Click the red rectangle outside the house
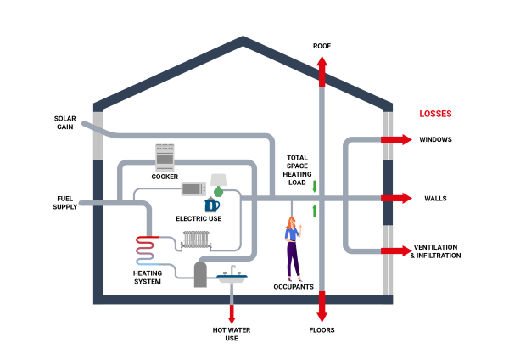[435, 114]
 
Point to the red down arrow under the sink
[232, 314]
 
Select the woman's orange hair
[292, 224]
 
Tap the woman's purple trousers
[293, 259]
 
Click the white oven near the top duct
[165, 157]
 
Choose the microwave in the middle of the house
[192, 188]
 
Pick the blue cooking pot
[212, 205]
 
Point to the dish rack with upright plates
[196, 240]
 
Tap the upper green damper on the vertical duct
[315, 186]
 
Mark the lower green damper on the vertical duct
[315, 211]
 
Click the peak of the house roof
[244, 37]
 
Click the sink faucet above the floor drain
[232, 270]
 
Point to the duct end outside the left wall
[82, 202]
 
